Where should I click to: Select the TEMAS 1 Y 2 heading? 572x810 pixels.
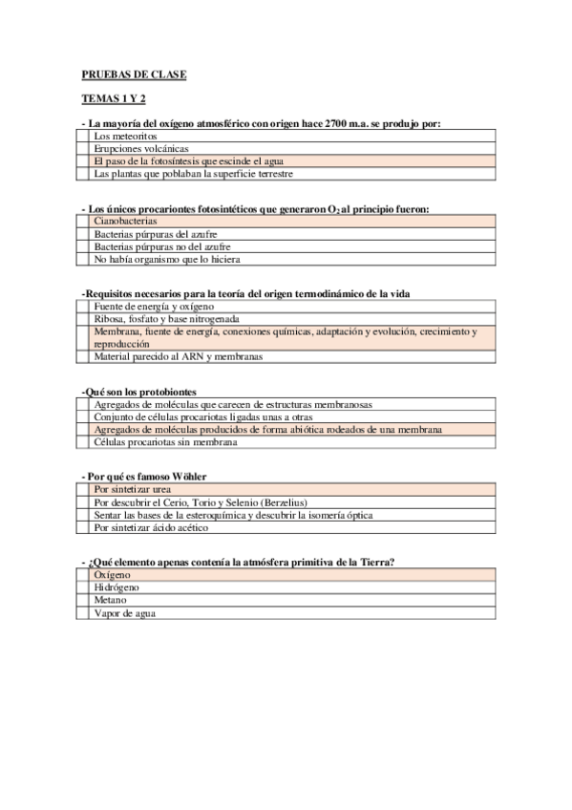(x=114, y=98)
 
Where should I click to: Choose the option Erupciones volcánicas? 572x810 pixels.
(x=140, y=149)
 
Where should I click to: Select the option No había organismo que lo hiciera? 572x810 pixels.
(x=167, y=259)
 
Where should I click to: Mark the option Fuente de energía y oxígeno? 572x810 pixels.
(x=153, y=306)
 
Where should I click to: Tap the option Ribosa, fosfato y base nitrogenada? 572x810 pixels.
(x=166, y=318)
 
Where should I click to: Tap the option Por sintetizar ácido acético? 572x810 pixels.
(x=158, y=527)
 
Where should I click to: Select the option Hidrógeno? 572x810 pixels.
(x=117, y=588)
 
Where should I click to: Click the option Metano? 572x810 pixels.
(x=111, y=601)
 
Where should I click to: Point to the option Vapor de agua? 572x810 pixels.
(x=125, y=614)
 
